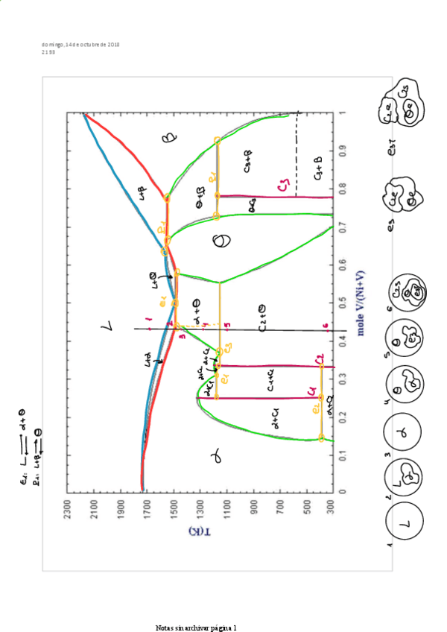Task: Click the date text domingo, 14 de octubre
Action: point(81,45)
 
